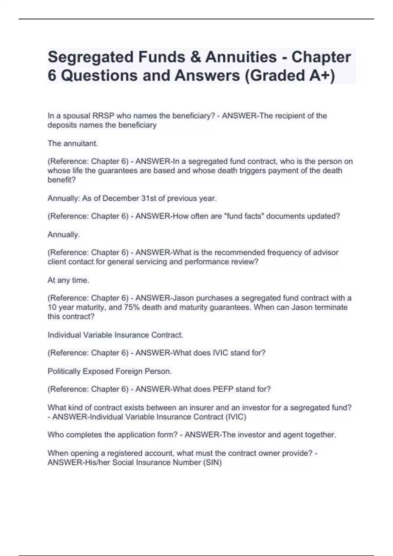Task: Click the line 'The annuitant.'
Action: point(73,143)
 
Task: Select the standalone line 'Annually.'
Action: point(64,235)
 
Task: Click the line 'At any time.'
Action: point(68,280)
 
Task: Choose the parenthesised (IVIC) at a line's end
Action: point(235,417)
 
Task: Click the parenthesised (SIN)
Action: point(213,462)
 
